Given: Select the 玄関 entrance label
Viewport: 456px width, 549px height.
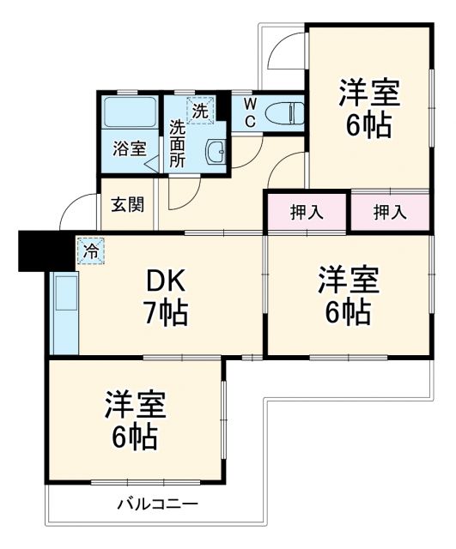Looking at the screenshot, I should [127, 205].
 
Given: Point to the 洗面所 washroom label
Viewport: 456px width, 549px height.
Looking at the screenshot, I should [177, 142].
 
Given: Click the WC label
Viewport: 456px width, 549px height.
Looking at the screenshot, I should [248, 112].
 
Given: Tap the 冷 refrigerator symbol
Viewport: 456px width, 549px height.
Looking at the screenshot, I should [89, 250].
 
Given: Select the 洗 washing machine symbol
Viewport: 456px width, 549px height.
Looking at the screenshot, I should [198, 111].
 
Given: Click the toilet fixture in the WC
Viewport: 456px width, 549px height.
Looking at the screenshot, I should [283, 112].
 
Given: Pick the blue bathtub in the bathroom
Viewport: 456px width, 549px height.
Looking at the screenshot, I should [129, 112].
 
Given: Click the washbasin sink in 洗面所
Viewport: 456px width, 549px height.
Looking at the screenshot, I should [216, 154].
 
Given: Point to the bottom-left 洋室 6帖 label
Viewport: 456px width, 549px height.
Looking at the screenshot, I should [134, 420].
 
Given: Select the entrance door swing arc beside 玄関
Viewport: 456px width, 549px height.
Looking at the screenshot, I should [79, 212].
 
